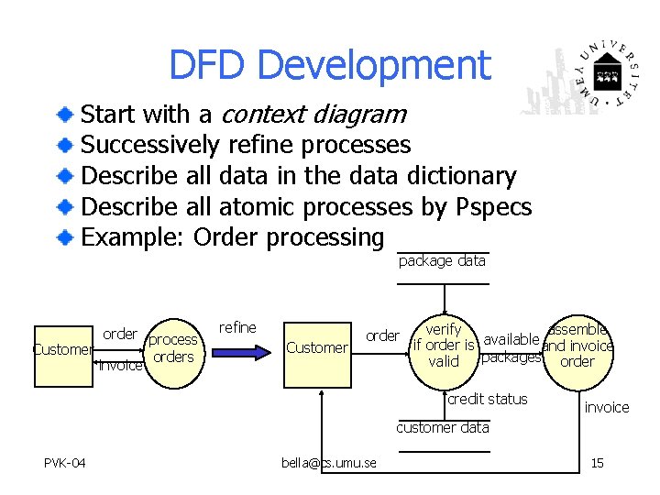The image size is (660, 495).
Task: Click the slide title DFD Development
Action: click(x=329, y=65)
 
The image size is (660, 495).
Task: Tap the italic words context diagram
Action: click(x=313, y=115)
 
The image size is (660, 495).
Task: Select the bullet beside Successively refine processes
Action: click(x=66, y=146)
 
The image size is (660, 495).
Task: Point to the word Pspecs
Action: click(x=493, y=207)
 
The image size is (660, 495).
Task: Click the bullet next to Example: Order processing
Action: click(x=66, y=238)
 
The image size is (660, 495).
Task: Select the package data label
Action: click(x=442, y=261)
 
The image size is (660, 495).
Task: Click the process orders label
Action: click(x=173, y=348)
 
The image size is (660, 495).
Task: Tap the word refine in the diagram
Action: click(x=237, y=327)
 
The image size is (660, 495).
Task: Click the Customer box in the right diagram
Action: click(x=317, y=347)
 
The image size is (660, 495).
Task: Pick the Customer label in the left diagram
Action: click(x=62, y=349)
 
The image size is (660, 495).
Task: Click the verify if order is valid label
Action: click(x=444, y=346)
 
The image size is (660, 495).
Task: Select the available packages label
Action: click(x=511, y=349)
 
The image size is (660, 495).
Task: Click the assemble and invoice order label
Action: click(x=577, y=346)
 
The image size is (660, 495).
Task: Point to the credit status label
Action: click(x=487, y=399)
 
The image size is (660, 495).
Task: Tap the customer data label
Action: click(x=443, y=427)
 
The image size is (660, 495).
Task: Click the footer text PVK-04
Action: click(x=64, y=463)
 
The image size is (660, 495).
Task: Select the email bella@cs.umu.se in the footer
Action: click(x=329, y=463)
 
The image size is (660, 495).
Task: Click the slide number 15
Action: click(x=597, y=463)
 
